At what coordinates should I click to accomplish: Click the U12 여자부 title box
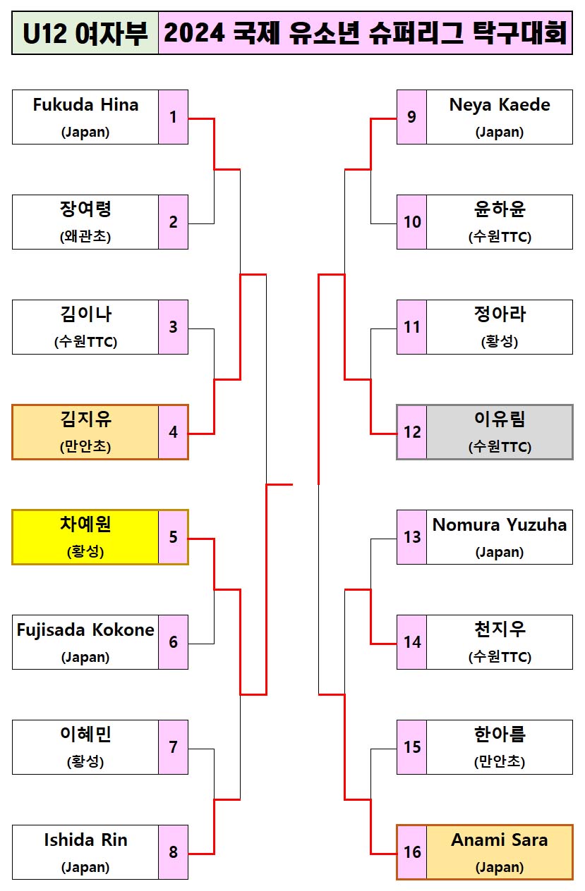pos(85,33)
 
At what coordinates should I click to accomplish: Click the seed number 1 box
pos(173,117)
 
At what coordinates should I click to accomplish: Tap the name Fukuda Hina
pos(85,105)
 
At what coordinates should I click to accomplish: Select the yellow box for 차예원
pos(85,537)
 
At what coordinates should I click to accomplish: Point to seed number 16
pos(412,852)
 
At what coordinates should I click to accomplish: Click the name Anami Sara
pos(500,840)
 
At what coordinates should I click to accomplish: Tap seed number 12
pos(412,432)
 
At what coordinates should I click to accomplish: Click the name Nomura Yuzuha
pos(500,525)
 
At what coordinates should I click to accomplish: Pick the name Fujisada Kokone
pos(85,630)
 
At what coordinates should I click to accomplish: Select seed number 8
pos(173,852)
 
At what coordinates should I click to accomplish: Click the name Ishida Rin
pos(85,840)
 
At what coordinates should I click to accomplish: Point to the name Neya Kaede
pos(500,105)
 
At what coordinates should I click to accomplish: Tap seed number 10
pos(412,222)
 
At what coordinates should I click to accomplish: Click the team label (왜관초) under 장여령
pos(85,237)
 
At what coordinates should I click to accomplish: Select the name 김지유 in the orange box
pos(85,420)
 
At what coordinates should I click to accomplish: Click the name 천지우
pos(500,629)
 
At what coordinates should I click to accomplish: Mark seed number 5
pos(173,537)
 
